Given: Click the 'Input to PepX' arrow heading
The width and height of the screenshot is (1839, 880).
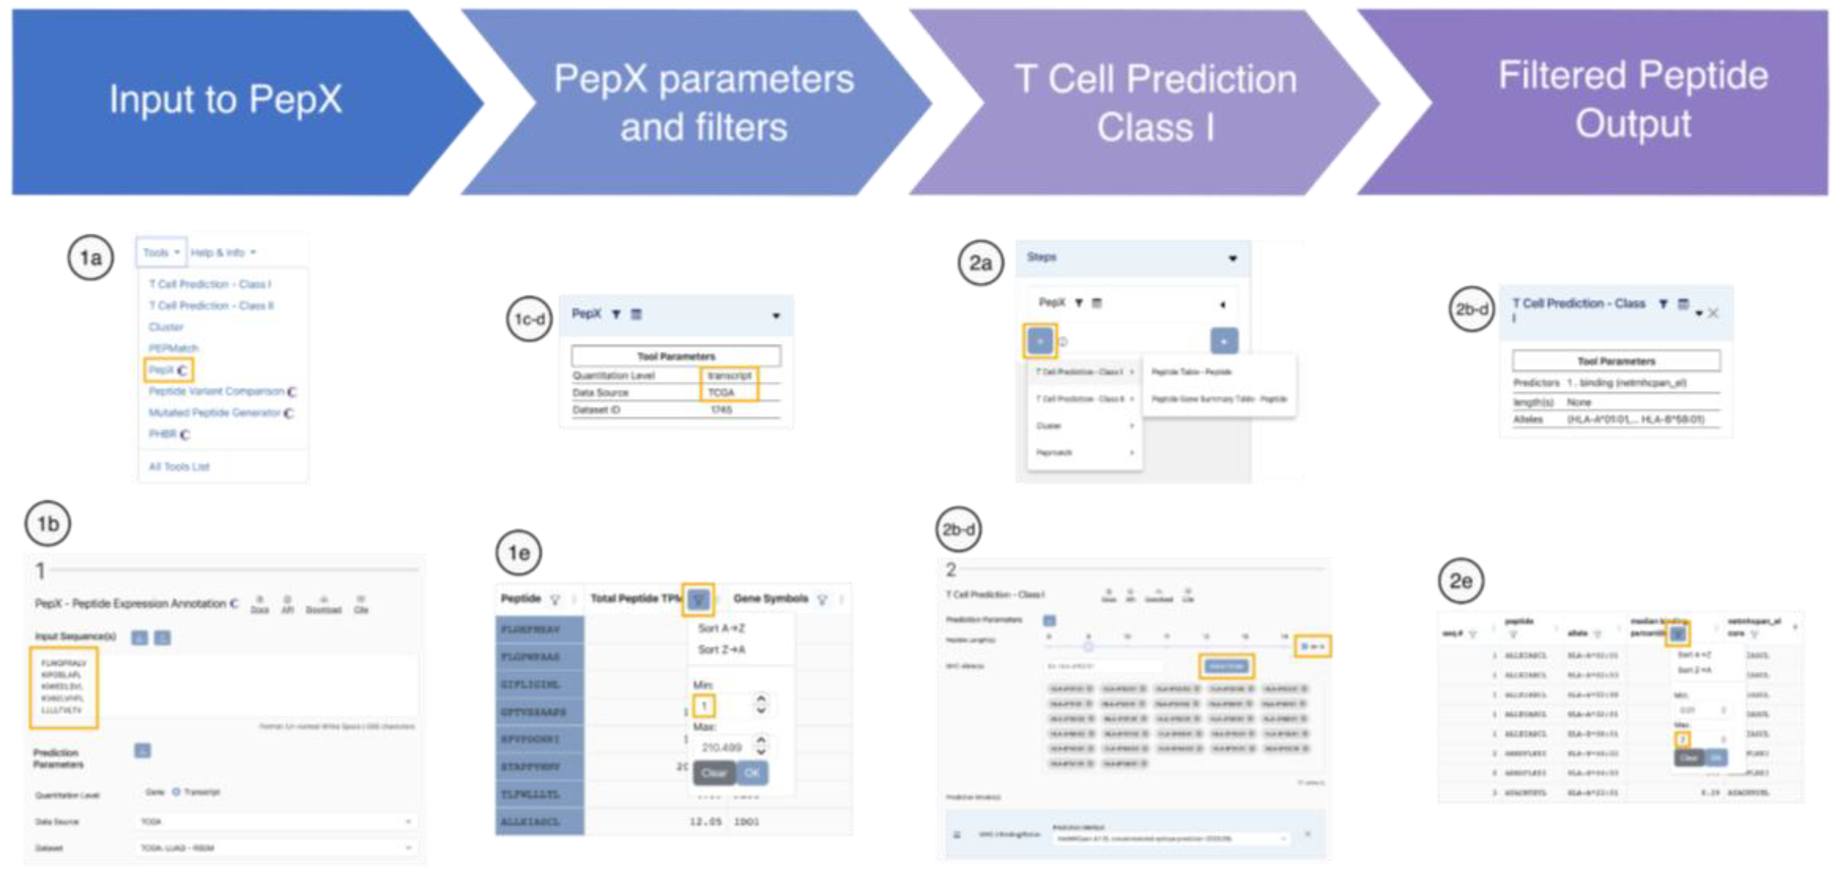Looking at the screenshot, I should point(226,100).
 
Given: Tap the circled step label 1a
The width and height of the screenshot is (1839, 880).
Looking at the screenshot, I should point(91,258).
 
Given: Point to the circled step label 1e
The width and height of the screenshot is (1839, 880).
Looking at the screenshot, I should point(519,553).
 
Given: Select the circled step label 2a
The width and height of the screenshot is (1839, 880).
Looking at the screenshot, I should point(980,263).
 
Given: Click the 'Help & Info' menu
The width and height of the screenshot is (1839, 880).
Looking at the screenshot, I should point(222,253).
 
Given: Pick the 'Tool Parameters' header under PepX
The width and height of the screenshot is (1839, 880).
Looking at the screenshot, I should point(676,356).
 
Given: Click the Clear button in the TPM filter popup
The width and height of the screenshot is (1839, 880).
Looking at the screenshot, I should point(714,773).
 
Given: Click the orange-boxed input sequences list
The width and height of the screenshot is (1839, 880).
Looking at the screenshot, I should point(63,687).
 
